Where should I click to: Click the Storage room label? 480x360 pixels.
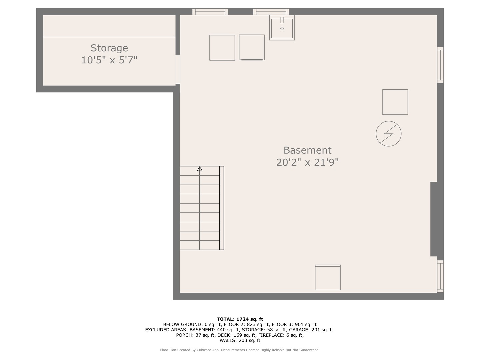[x=109, y=48]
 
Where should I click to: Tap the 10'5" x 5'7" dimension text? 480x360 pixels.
[x=109, y=60]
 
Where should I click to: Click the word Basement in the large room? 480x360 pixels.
[x=307, y=150]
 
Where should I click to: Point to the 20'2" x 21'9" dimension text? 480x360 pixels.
[x=307, y=162]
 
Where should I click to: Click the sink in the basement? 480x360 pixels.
[x=282, y=28]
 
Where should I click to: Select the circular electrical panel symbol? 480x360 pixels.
[x=389, y=134]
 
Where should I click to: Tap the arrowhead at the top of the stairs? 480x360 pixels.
[x=199, y=169]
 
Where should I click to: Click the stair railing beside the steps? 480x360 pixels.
[x=222, y=208]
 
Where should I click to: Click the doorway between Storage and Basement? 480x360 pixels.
[x=178, y=69]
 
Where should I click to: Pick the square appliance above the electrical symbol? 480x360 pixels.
[x=395, y=102]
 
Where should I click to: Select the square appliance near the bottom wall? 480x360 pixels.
[x=328, y=277]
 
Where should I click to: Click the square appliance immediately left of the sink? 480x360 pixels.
[x=251, y=47]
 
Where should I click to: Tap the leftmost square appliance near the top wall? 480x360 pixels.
[x=222, y=48]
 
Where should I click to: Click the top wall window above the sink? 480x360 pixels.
[x=271, y=12]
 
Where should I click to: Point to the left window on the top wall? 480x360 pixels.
[x=210, y=12]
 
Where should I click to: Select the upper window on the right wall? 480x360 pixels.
[x=440, y=65]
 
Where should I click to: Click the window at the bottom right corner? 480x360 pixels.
[x=440, y=276]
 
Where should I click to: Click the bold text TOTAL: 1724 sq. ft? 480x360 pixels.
[x=240, y=319]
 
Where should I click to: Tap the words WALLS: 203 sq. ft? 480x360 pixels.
[x=240, y=340]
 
